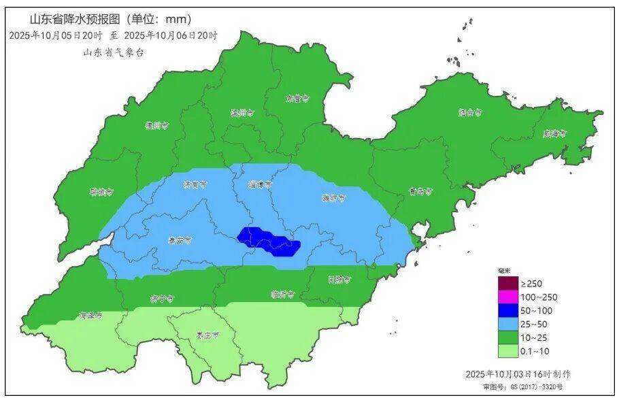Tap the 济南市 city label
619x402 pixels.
click(x=195, y=184)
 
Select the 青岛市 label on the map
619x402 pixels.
click(x=417, y=192)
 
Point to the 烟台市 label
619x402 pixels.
click(x=470, y=112)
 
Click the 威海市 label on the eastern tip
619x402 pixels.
click(x=554, y=133)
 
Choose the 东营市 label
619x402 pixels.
click(x=297, y=99)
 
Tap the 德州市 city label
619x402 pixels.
click(x=156, y=125)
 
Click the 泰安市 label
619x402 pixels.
click(x=180, y=240)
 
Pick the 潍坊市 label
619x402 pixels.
click(x=333, y=198)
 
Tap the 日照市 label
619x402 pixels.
click(x=339, y=279)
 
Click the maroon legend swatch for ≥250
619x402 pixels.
click(x=507, y=283)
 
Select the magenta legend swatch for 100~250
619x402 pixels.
click(x=507, y=297)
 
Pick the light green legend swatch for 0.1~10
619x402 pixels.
click(x=507, y=351)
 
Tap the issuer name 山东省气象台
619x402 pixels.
click(x=113, y=52)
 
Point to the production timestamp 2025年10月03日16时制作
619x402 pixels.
click(x=518, y=374)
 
